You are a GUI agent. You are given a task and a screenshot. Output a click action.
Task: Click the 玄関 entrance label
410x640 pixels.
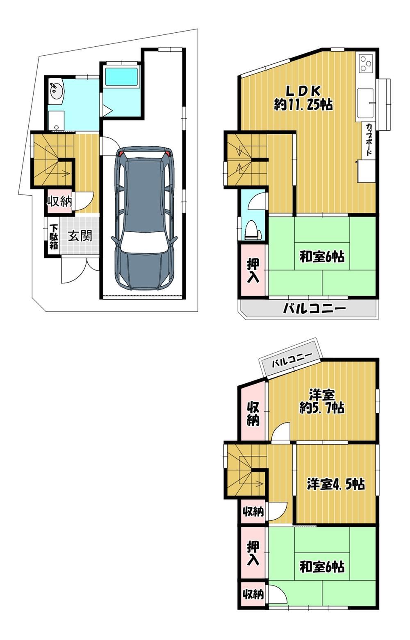pos(80,236)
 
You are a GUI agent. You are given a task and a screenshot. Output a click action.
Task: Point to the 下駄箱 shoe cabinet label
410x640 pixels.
pos(53,237)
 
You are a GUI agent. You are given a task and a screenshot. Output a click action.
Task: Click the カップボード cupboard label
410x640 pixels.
pos(369,139)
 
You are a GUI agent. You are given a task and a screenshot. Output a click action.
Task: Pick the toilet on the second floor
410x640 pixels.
pos(253,230)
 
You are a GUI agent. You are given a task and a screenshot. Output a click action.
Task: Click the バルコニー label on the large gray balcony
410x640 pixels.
pos(314,308)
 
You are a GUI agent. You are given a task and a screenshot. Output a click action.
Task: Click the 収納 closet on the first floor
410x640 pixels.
pos(59,202)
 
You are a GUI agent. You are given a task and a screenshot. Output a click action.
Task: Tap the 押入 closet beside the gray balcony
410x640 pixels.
pos(253,271)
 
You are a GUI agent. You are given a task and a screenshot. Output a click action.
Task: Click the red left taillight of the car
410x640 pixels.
pos(123,154)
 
